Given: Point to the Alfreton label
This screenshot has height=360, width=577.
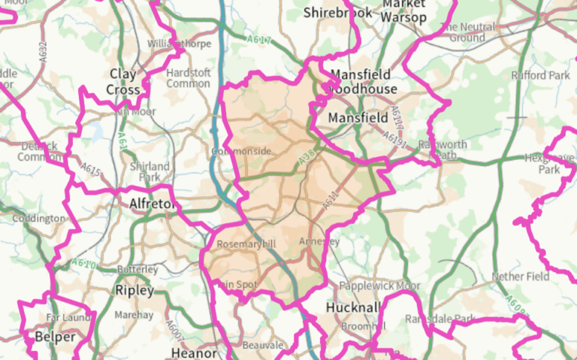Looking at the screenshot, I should [153, 204].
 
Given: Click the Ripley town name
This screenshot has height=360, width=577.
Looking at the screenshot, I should [135, 290].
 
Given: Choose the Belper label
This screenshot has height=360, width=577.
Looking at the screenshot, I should [55, 337].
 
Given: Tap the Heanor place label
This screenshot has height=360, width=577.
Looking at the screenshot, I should [194, 352].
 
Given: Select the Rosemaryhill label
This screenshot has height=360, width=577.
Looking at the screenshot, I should [246, 245].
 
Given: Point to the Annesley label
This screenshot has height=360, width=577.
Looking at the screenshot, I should [319, 242].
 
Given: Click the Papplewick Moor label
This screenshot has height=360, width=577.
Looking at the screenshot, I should [379, 286].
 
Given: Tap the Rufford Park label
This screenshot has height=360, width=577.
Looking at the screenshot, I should [540, 76].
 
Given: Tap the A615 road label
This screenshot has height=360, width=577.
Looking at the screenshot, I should [90, 172].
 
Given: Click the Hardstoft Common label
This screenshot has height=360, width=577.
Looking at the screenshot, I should [188, 78].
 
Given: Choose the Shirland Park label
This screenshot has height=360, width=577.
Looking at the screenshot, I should [150, 172].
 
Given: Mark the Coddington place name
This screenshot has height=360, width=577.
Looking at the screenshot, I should [39, 219].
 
